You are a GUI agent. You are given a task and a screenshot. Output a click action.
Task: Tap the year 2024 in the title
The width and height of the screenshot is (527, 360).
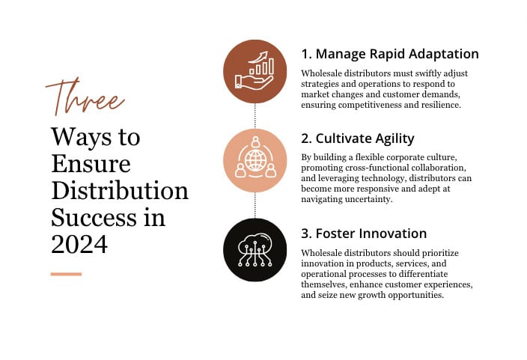(x=79, y=243)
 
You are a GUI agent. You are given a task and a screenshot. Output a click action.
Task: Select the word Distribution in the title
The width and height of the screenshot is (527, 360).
(x=119, y=190)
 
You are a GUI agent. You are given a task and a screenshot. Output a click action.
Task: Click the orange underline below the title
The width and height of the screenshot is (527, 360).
(x=66, y=274)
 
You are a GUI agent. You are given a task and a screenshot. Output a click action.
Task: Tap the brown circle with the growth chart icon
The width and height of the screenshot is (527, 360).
(x=255, y=71)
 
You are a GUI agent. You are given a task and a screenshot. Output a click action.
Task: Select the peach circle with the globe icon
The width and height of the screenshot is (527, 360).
(x=255, y=160)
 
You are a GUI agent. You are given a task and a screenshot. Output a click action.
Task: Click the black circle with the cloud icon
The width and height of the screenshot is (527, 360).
(x=255, y=250)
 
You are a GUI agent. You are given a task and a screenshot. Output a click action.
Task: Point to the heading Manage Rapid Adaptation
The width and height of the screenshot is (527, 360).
(x=389, y=54)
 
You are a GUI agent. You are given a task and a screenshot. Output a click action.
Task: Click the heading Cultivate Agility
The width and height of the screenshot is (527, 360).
(x=357, y=138)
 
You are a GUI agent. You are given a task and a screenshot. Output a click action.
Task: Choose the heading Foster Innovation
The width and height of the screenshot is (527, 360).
(x=363, y=234)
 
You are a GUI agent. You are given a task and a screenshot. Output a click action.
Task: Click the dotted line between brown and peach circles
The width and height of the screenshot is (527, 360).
(x=255, y=115)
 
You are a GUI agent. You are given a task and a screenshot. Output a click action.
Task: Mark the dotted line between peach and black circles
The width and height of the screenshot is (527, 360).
(x=255, y=205)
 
